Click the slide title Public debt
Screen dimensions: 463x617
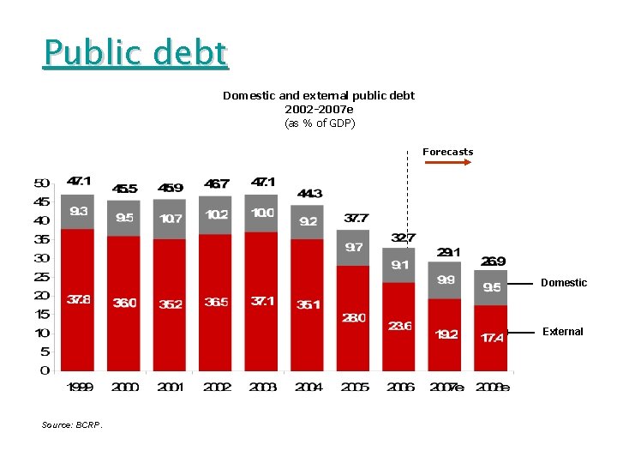point(136,53)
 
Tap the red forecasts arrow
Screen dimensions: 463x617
point(448,161)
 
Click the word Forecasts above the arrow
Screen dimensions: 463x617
point(447,152)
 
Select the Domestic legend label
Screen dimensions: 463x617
point(564,283)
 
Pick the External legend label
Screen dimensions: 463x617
point(563,332)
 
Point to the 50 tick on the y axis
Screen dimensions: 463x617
point(41,183)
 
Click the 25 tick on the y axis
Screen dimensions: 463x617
point(41,277)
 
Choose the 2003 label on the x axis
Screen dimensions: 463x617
point(262,387)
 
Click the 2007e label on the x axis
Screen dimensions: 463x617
point(447,387)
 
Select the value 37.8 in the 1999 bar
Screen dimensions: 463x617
point(78,299)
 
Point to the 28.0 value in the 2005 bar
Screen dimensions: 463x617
point(354,317)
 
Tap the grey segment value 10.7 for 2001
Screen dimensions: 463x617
point(171,219)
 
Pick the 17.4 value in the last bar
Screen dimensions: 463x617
point(492,338)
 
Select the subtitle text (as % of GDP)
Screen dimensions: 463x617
point(319,123)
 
